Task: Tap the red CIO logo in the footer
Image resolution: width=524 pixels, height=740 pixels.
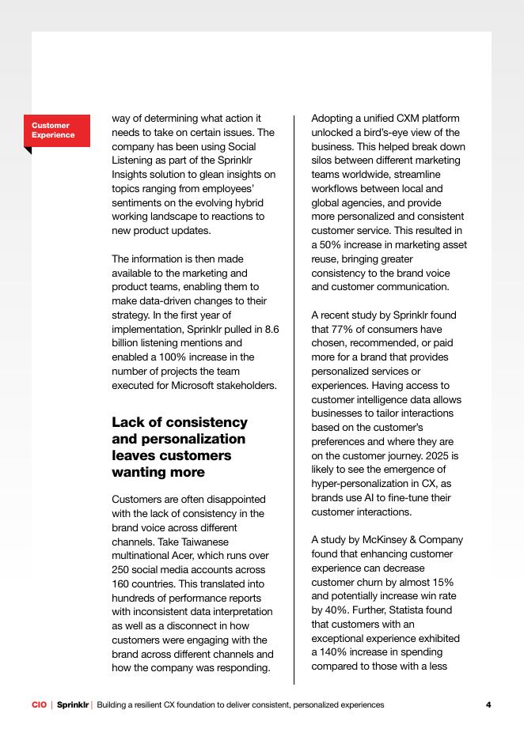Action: [39, 704]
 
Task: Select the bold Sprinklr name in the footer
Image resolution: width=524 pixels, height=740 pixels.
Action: [73, 704]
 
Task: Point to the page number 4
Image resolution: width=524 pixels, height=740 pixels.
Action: [488, 704]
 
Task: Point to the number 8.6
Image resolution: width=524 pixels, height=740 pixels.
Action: [270, 329]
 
